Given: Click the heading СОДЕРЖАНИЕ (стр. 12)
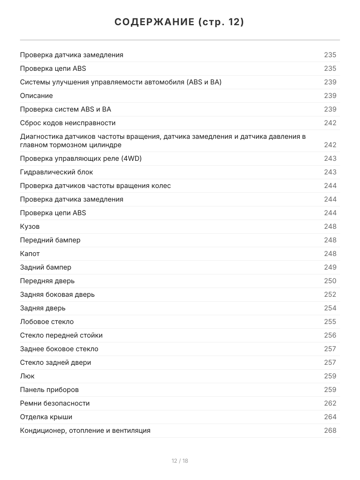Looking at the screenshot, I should [x=180, y=22].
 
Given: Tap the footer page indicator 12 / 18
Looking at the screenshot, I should [x=180, y=461].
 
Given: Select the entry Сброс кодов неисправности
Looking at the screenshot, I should [x=68, y=123].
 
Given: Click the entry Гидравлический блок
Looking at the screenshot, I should [x=56, y=172].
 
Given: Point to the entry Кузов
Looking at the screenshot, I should [x=30, y=226].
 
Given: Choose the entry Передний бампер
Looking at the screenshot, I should [x=50, y=240].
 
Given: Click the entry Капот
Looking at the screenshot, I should [x=30, y=254].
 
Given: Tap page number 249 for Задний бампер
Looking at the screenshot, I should [x=330, y=267].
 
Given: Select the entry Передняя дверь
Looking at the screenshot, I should [x=47, y=281].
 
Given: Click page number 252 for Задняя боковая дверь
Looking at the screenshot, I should [x=330, y=294].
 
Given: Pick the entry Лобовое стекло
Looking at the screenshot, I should [x=47, y=322].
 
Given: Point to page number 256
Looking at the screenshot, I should [x=330, y=335].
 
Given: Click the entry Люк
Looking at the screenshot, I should [x=27, y=376].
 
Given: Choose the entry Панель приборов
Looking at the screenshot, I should [x=49, y=390].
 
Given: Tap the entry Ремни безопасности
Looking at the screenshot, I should [x=55, y=403].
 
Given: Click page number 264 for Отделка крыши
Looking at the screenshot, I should [x=330, y=417].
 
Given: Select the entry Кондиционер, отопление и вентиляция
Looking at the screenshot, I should [x=85, y=430].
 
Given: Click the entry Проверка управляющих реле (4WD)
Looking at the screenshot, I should [x=81, y=158].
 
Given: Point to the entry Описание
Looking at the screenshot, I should [x=36, y=96].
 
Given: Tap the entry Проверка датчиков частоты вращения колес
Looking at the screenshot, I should [x=95, y=186].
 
